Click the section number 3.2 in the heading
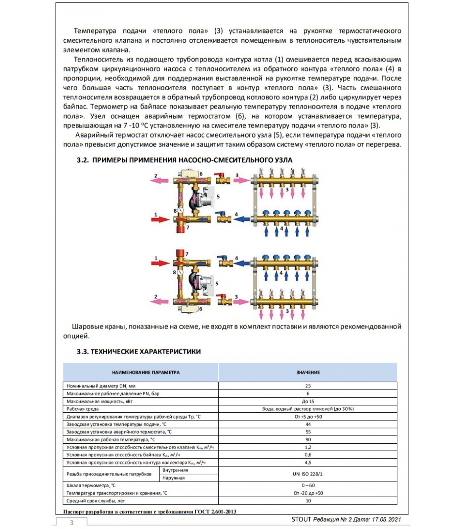(83, 160)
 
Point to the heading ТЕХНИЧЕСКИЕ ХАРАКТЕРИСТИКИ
(146, 351)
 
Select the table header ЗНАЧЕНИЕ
(308, 372)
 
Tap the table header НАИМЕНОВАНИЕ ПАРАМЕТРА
(146, 372)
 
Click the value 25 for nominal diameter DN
(308, 386)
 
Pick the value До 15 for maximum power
(308, 401)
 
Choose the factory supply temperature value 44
(308, 424)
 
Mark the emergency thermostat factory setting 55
(308, 432)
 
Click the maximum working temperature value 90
(308, 440)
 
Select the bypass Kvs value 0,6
(308, 455)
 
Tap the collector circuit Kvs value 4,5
(308, 463)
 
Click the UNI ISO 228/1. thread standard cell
(308, 474)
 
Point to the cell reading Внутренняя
(175, 470)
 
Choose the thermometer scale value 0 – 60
(308, 485)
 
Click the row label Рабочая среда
(82, 409)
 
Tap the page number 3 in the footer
(72, 523)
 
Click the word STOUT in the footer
(301, 519)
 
